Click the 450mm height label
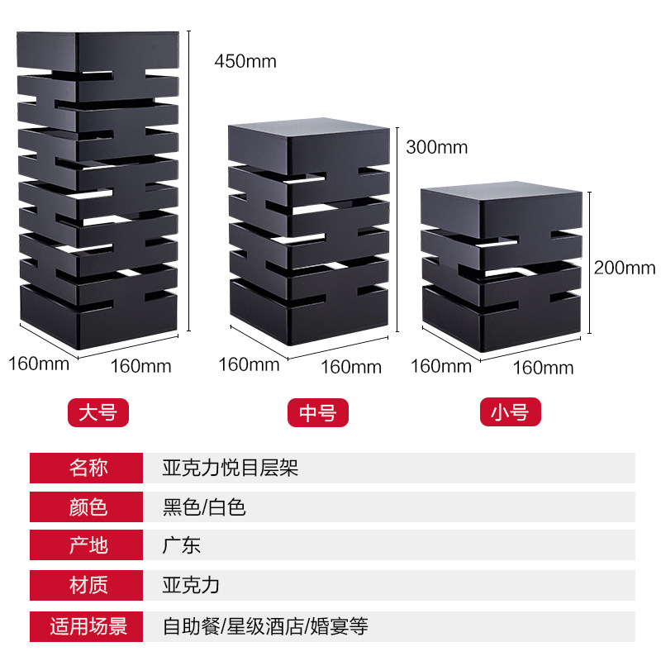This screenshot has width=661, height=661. [x=245, y=61]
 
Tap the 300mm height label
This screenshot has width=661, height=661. [x=436, y=148]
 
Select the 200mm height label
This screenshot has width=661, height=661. [x=625, y=268]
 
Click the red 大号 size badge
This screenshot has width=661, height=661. [x=97, y=412]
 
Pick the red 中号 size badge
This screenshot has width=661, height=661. [x=318, y=412]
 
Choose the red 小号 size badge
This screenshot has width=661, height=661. [x=509, y=412]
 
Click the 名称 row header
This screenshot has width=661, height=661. [x=88, y=468]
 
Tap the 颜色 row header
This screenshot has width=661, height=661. [x=88, y=506]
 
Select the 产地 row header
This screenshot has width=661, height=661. [x=88, y=544]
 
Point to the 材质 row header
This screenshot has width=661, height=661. [x=88, y=585]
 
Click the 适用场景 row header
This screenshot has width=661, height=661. [x=88, y=626]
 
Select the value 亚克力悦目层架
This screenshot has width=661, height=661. [x=231, y=468]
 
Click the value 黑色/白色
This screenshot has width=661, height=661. [x=204, y=506]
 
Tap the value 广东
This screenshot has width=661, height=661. [x=182, y=544]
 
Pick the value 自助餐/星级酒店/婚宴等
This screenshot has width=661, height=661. [x=265, y=626]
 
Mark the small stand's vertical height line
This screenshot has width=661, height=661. [x=591, y=263]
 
